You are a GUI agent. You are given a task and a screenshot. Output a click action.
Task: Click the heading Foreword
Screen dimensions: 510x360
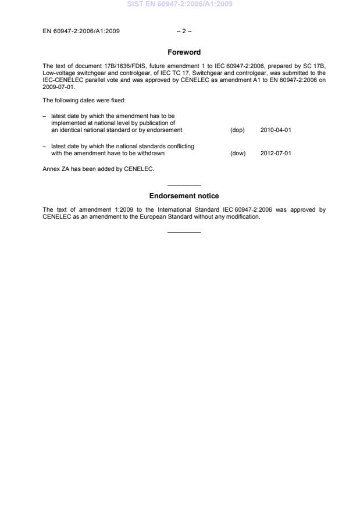tap(184, 52)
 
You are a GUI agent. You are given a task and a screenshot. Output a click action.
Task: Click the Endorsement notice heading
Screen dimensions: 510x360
tap(184, 196)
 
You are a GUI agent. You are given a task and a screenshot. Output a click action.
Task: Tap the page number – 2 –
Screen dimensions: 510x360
tap(184, 31)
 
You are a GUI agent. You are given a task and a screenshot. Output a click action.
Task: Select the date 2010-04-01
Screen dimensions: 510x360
tap(276, 130)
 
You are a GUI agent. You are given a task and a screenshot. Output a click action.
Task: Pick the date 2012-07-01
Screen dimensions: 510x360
tap(276, 154)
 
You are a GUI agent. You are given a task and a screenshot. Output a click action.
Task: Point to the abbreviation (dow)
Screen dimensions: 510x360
tap(238, 154)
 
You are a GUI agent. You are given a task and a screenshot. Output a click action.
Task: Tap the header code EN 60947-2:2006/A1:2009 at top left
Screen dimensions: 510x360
tap(81, 31)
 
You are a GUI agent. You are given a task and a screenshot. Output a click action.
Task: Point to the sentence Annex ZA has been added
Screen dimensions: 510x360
tap(98, 169)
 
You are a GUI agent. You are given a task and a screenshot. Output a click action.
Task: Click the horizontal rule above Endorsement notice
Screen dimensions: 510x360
tap(184, 185)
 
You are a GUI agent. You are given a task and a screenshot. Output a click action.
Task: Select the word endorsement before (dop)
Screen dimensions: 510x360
tap(165, 130)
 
